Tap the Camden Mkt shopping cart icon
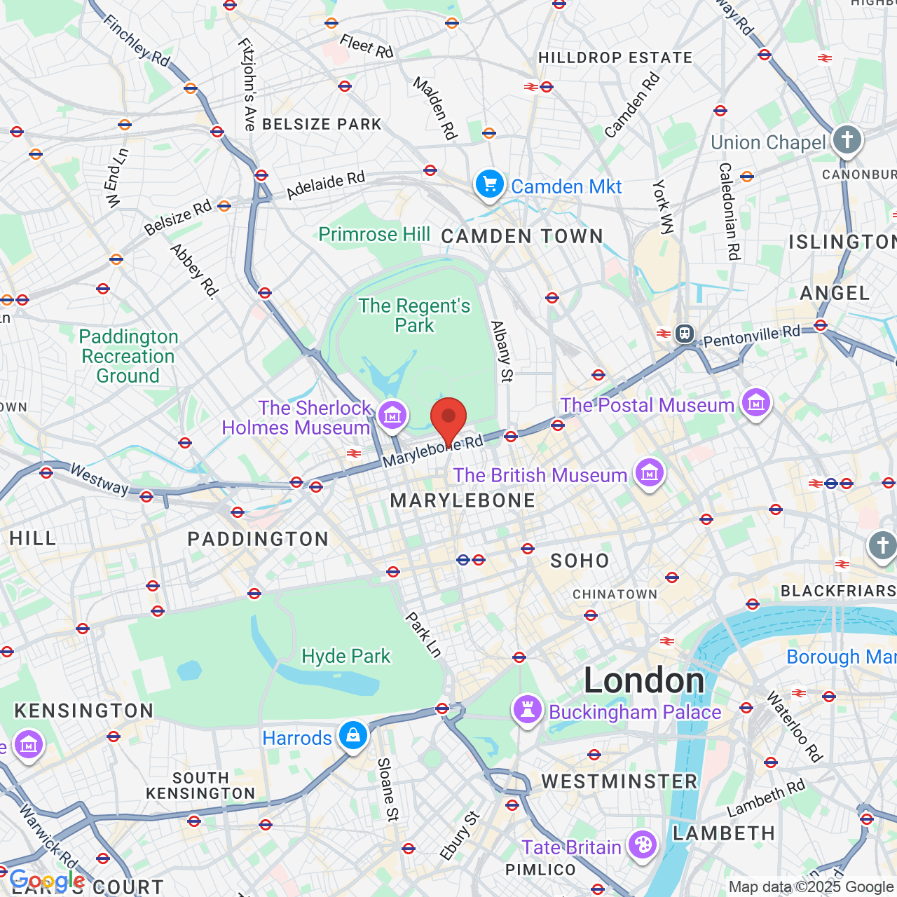[x=490, y=185]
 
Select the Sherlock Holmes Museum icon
[x=392, y=415]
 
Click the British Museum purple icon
[x=650, y=473]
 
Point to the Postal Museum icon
[x=756, y=403]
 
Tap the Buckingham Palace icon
[x=528, y=710]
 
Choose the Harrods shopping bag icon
[x=353, y=736]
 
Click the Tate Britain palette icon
[x=643, y=845]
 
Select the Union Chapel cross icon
[x=847, y=139]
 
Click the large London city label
[x=644, y=680]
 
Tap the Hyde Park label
[x=346, y=656]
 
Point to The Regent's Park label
[x=415, y=315]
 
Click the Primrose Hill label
[x=374, y=234]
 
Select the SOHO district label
[x=580, y=561]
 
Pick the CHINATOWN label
[x=615, y=594]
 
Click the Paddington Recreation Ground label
[x=128, y=356]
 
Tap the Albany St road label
[x=501, y=351]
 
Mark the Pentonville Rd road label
[x=751, y=336]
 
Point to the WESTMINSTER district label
[x=619, y=781]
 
